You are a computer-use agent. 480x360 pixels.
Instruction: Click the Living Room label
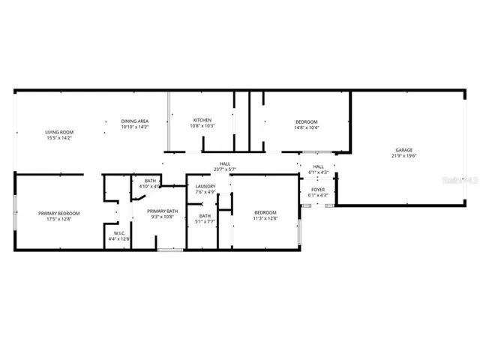pyautogui.click(x=57, y=132)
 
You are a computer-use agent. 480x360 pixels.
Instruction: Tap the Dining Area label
pyautogui.click(x=135, y=121)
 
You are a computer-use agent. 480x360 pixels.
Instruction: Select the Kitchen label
pyautogui.click(x=202, y=120)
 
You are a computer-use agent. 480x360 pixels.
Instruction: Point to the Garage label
pyautogui.click(x=404, y=151)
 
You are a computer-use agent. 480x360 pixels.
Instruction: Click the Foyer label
pyautogui.click(x=318, y=190)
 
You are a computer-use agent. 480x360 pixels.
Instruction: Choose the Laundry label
pyautogui.click(x=205, y=186)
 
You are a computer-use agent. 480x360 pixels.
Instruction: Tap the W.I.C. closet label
pyautogui.click(x=118, y=233)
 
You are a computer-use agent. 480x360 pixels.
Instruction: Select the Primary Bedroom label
pyautogui.click(x=59, y=213)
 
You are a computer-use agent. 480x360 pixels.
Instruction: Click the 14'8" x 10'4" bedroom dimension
pyautogui.click(x=306, y=127)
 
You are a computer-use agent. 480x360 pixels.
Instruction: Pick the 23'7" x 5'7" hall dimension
pyautogui.click(x=225, y=169)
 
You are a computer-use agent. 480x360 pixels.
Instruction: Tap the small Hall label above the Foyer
pyautogui.click(x=318, y=166)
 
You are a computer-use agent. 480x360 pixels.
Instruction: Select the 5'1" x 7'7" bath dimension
pyautogui.click(x=205, y=222)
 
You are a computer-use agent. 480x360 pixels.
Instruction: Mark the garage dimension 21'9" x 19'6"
pyautogui.click(x=404, y=157)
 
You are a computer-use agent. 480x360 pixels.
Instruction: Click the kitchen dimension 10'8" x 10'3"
pyautogui.click(x=202, y=126)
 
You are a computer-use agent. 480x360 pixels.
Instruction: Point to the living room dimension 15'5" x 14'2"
pyautogui.click(x=57, y=138)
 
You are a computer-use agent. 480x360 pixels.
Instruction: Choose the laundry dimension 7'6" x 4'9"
pyautogui.click(x=205, y=192)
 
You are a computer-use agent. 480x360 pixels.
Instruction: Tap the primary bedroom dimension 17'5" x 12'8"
pyautogui.click(x=59, y=219)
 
